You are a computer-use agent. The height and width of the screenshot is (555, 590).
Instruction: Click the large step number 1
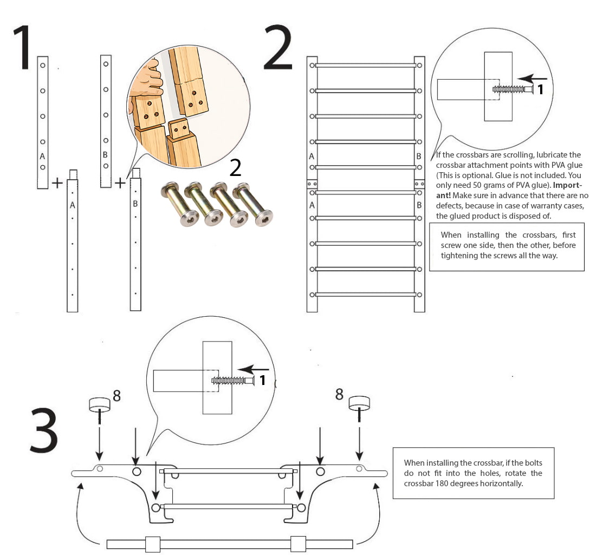[23, 48]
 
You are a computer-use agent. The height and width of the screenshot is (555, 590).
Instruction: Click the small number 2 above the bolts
[235, 168]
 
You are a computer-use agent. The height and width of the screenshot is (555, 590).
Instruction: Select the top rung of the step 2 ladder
[365, 66]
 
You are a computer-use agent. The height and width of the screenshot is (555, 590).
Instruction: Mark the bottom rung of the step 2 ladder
[365, 295]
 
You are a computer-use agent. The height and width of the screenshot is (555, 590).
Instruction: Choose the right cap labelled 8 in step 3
[359, 402]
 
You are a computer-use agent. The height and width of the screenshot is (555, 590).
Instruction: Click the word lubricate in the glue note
[548, 155]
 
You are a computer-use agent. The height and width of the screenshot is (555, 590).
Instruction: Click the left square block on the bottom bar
[153, 544]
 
